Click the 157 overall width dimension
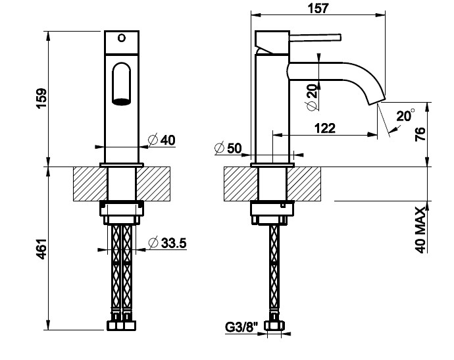[x=318, y=8]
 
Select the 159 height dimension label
[x=41, y=98]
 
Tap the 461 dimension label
[x=41, y=249]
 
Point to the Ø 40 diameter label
[x=162, y=140]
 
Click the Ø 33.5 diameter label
[x=167, y=243]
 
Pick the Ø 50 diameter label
[x=228, y=148]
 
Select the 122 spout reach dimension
[x=325, y=128]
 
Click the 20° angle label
[x=405, y=116]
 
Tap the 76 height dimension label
[x=420, y=134]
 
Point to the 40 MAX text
[x=420, y=230]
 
